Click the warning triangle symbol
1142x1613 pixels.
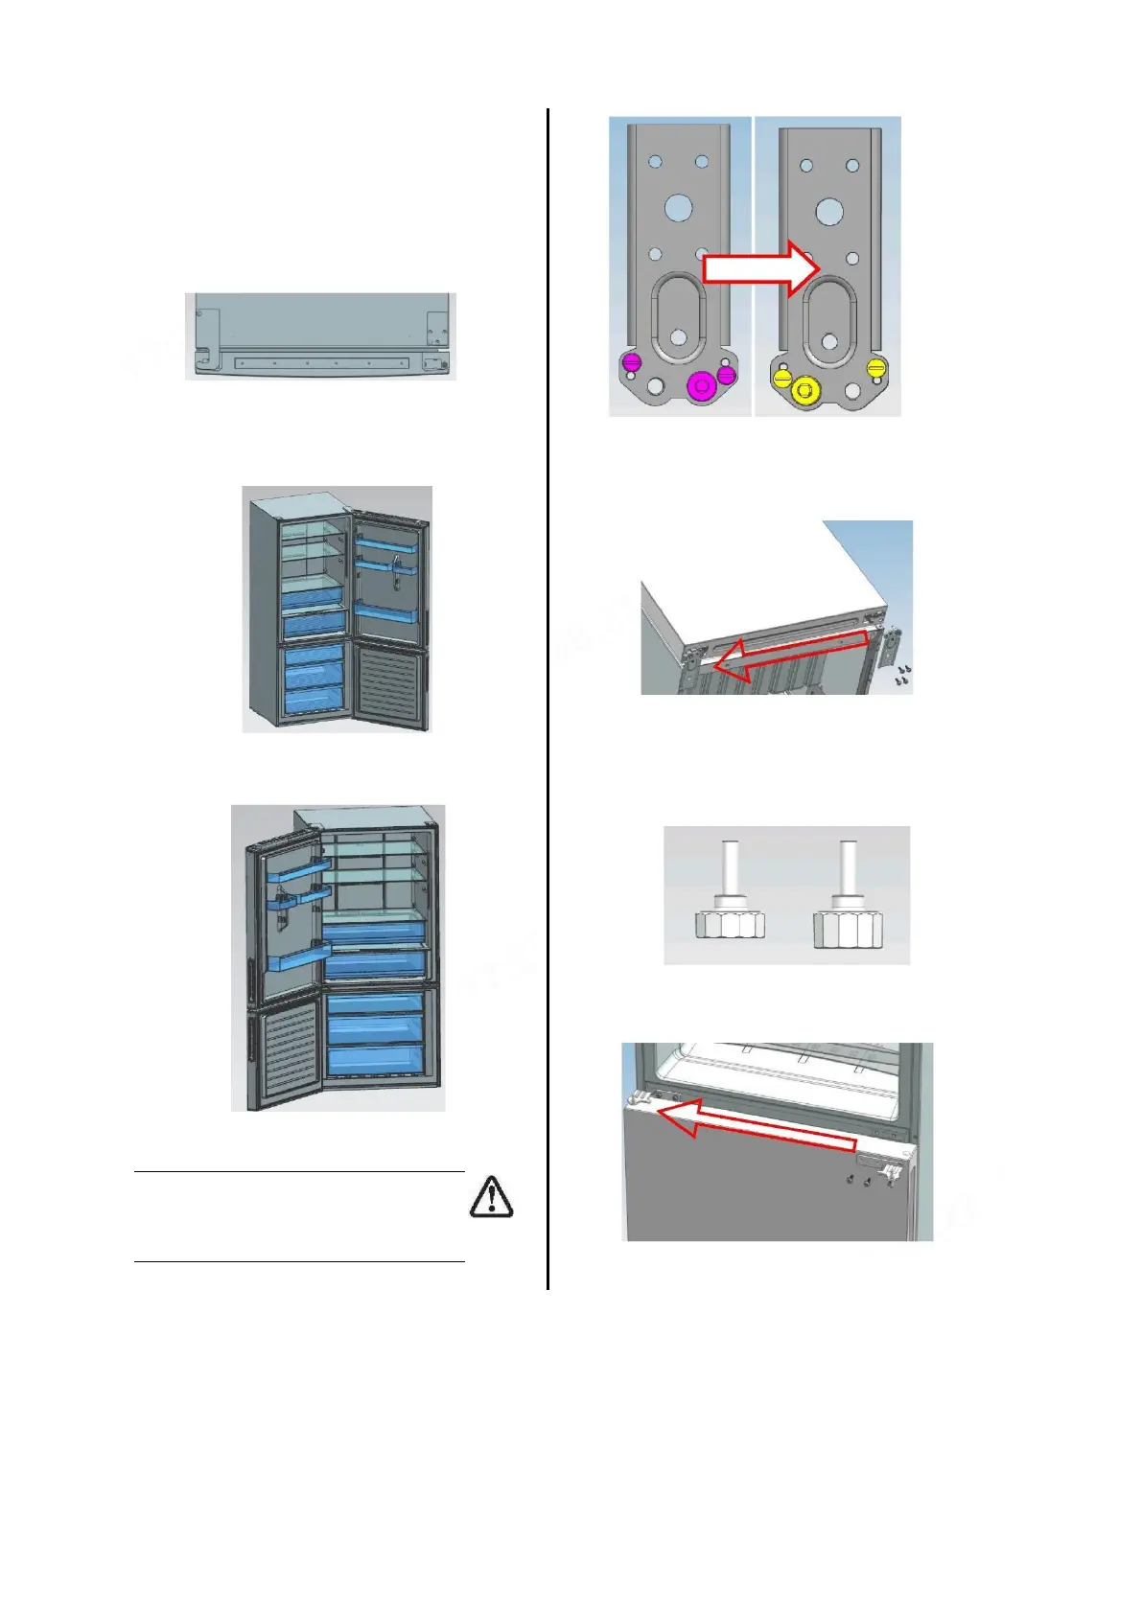492,1197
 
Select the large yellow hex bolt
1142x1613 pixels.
806,389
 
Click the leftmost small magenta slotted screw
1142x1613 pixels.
631,361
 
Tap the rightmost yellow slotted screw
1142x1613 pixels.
874,367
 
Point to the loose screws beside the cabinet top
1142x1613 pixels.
902,676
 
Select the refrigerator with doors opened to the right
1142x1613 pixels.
337,610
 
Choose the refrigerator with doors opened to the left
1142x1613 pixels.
338,958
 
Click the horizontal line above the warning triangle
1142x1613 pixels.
299,1171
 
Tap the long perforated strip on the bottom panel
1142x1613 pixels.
319,364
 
